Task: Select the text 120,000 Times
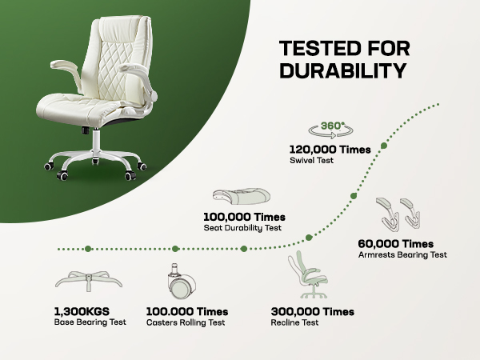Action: coord(329,149)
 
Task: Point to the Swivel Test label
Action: coord(311,160)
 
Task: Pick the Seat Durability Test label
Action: coord(242,228)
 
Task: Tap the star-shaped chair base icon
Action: coord(88,281)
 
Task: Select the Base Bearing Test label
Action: coord(91,322)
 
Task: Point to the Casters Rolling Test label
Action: coord(186,322)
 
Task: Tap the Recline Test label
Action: coord(296,322)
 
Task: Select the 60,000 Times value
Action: coord(396,243)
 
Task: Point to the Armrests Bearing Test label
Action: coord(402,254)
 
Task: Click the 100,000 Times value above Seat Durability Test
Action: coord(244,217)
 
